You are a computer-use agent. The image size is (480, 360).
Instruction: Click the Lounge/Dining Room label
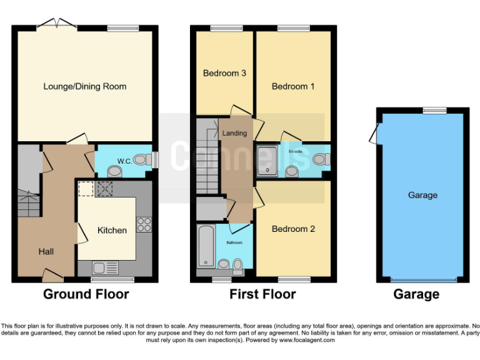(x=84, y=86)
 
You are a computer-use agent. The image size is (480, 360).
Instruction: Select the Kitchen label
(x=112, y=230)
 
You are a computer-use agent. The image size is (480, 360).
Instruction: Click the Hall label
(x=46, y=252)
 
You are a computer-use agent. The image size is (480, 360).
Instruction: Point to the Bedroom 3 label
(x=224, y=73)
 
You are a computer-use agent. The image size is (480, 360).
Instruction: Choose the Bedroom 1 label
(x=293, y=86)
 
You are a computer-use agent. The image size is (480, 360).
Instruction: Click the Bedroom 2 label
(x=293, y=229)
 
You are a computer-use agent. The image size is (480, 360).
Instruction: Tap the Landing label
(x=234, y=133)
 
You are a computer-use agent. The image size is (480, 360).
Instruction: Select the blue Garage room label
(x=422, y=195)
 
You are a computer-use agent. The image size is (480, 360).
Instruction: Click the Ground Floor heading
(x=86, y=294)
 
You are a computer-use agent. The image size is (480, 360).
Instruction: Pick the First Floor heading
(x=262, y=294)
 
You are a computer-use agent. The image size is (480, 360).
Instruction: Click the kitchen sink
(x=104, y=267)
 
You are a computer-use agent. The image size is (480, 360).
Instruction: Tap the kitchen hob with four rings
(x=144, y=224)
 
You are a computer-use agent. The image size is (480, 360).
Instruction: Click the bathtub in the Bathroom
(x=204, y=248)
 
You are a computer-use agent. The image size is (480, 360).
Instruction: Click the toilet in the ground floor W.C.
(x=114, y=170)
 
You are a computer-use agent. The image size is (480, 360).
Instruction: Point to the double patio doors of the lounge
(x=56, y=24)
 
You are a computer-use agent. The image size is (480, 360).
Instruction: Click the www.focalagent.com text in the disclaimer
(x=307, y=341)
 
